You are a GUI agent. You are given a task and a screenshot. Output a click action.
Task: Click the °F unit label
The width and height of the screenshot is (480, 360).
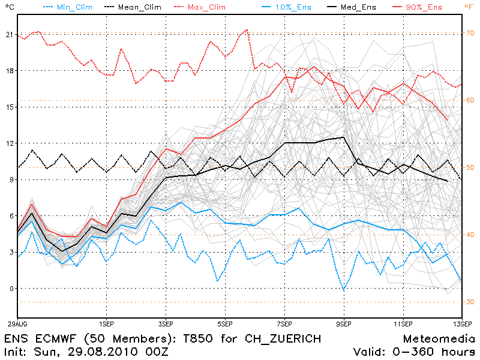pos(469,7)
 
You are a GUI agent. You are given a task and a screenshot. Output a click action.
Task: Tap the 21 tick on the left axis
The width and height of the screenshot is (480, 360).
pos(8,35)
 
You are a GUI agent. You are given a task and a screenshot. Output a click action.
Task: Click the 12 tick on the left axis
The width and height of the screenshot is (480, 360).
pos(8,143)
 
